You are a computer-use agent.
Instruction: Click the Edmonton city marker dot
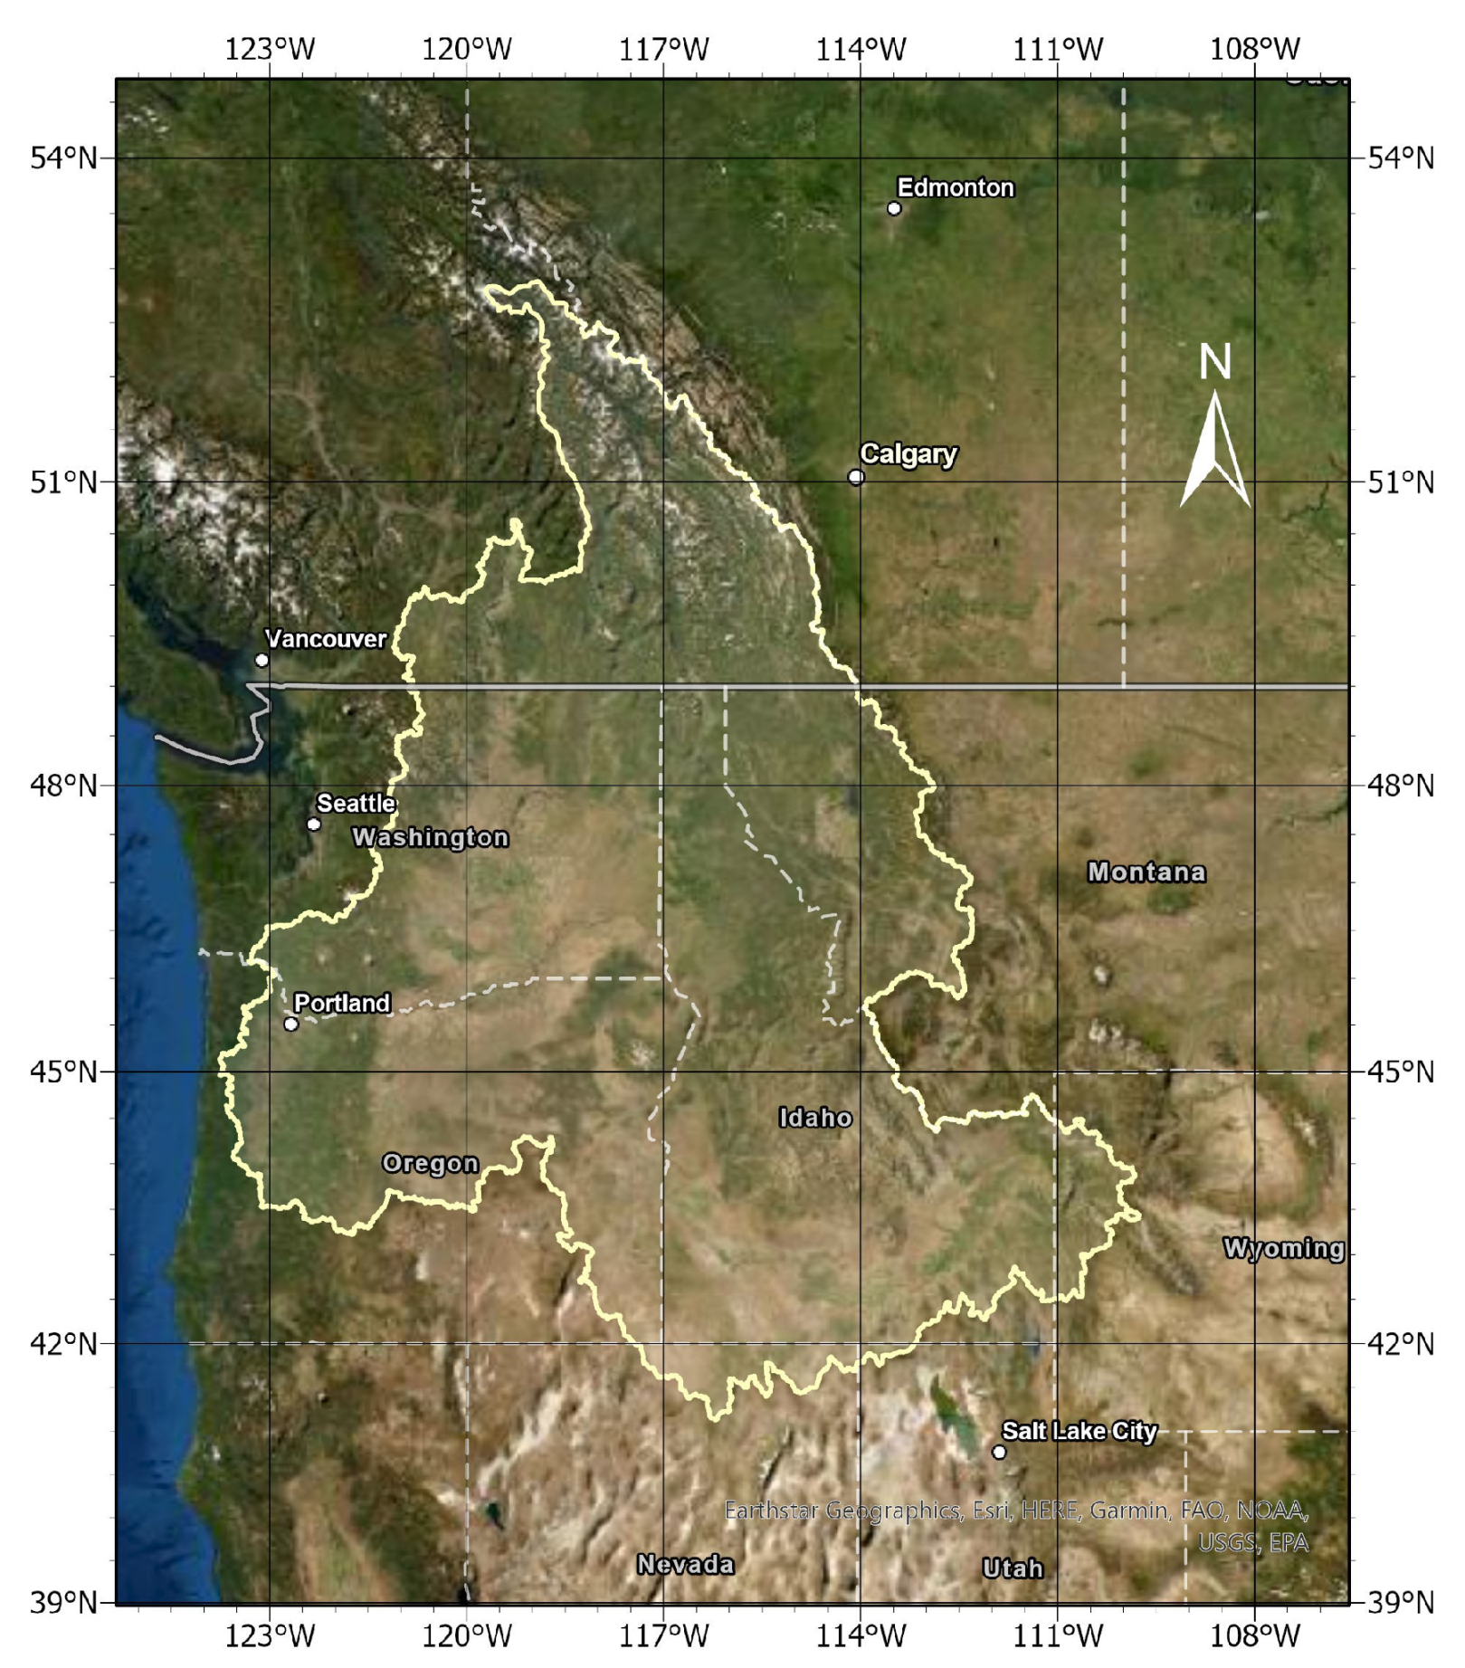[894, 209]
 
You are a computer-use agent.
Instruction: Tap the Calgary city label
[908, 453]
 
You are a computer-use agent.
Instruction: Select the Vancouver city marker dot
[262, 660]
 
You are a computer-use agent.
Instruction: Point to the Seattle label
[356, 803]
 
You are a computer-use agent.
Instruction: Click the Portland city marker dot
[290, 1025]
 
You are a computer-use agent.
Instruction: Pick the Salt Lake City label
[1079, 1431]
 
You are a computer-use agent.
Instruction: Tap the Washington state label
[431, 837]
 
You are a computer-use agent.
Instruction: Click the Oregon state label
[430, 1163]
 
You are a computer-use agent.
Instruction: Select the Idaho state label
[815, 1118]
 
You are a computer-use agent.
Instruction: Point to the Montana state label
[1146, 872]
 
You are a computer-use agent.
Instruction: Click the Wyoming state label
[1283, 1248]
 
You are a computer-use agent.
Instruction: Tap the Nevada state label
[685, 1564]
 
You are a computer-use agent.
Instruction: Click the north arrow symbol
[1215, 453]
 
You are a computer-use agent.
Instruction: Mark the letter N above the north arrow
[1215, 362]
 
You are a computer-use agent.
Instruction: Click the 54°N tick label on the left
[62, 158]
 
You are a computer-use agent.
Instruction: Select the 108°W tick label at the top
[1255, 49]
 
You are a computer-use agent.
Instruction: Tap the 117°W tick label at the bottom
[663, 1635]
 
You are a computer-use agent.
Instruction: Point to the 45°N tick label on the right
[1401, 1072]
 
